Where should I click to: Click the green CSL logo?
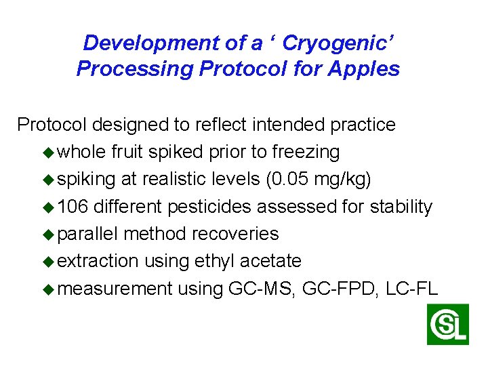(x=447, y=325)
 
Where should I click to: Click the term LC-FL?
(x=411, y=289)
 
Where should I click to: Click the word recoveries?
(x=235, y=234)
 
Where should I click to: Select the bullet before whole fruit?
(x=49, y=152)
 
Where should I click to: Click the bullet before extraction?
(x=49, y=261)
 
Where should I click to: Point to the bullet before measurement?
(x=49, y=289)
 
